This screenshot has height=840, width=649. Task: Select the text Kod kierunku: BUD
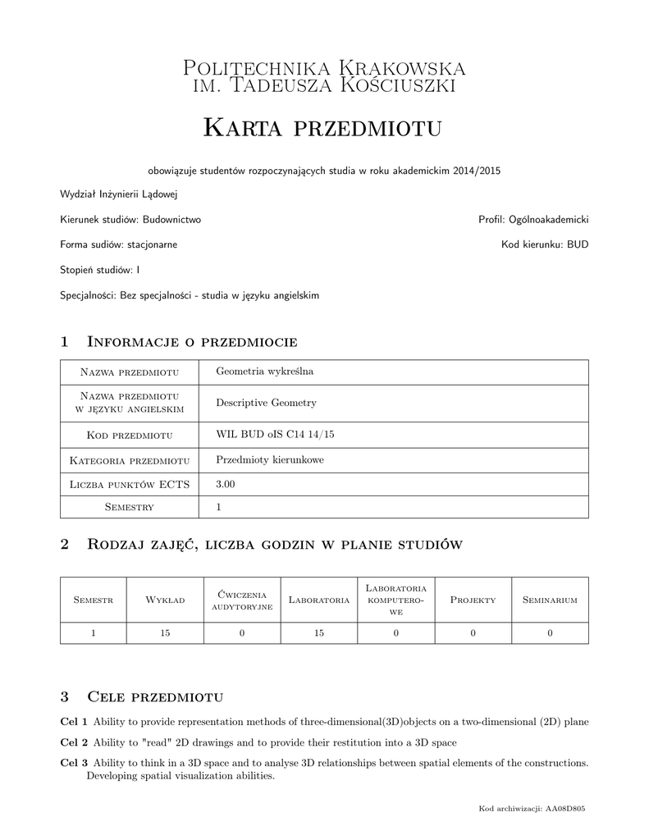click(x=545, y=244)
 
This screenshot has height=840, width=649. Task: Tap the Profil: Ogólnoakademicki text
click(x=533, y=220)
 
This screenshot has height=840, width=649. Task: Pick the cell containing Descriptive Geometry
click(x=266, y=403)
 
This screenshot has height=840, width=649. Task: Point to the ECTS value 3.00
click(x=226, y=485)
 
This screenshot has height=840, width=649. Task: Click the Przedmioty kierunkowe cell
click(x=270, y=460)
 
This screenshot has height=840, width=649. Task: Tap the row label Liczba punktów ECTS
click(x=130, y=485)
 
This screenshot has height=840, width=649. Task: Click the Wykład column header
click(x=165, y=600)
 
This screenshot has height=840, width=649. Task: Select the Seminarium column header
click(x=550, y=600)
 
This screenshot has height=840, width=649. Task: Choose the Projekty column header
click(x=473, y=600)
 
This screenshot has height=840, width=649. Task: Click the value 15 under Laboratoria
click(x=319, y=632)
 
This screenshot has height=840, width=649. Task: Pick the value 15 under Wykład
click(x=165, y=632)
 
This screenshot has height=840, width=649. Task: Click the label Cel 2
click(x=74, y=742)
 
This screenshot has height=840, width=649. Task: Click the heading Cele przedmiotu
click(x=155, y=697)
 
